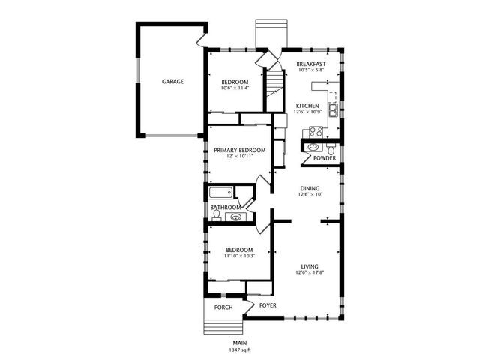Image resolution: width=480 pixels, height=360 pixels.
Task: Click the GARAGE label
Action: point(172,81)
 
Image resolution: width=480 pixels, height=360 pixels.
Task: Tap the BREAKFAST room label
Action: point(310,64)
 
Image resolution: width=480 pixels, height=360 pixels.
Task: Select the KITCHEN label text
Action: point(308,106)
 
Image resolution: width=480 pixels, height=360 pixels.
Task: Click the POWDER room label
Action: point(324,158)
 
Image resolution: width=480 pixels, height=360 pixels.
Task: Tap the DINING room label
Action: point(310,188)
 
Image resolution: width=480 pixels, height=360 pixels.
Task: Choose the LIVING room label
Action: point(310,266)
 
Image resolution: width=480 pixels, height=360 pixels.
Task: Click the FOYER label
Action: point(268,306)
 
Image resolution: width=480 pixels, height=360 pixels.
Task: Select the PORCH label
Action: point(223,307)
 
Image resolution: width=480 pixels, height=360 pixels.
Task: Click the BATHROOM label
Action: point(225,207)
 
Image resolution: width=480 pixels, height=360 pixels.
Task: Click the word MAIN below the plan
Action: point(239,343)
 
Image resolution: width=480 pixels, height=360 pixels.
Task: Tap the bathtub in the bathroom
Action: point(222,192)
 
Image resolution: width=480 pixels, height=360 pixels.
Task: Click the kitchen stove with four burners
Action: point(315,133)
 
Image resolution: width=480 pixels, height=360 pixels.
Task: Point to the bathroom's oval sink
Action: point(236,218)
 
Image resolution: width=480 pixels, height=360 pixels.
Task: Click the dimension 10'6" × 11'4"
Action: point(235,88)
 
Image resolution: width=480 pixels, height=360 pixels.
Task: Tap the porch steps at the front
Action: point(223,328)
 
